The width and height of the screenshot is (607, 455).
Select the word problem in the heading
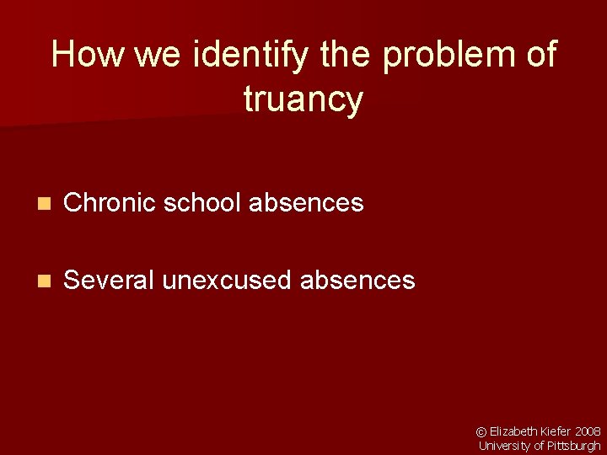pos(449,56)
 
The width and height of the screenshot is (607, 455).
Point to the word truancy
pos(303,100)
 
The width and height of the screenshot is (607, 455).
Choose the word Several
pos(109,280)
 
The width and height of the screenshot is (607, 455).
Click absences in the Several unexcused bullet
pos(357,280)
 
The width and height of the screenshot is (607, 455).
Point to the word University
pos(503,446)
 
